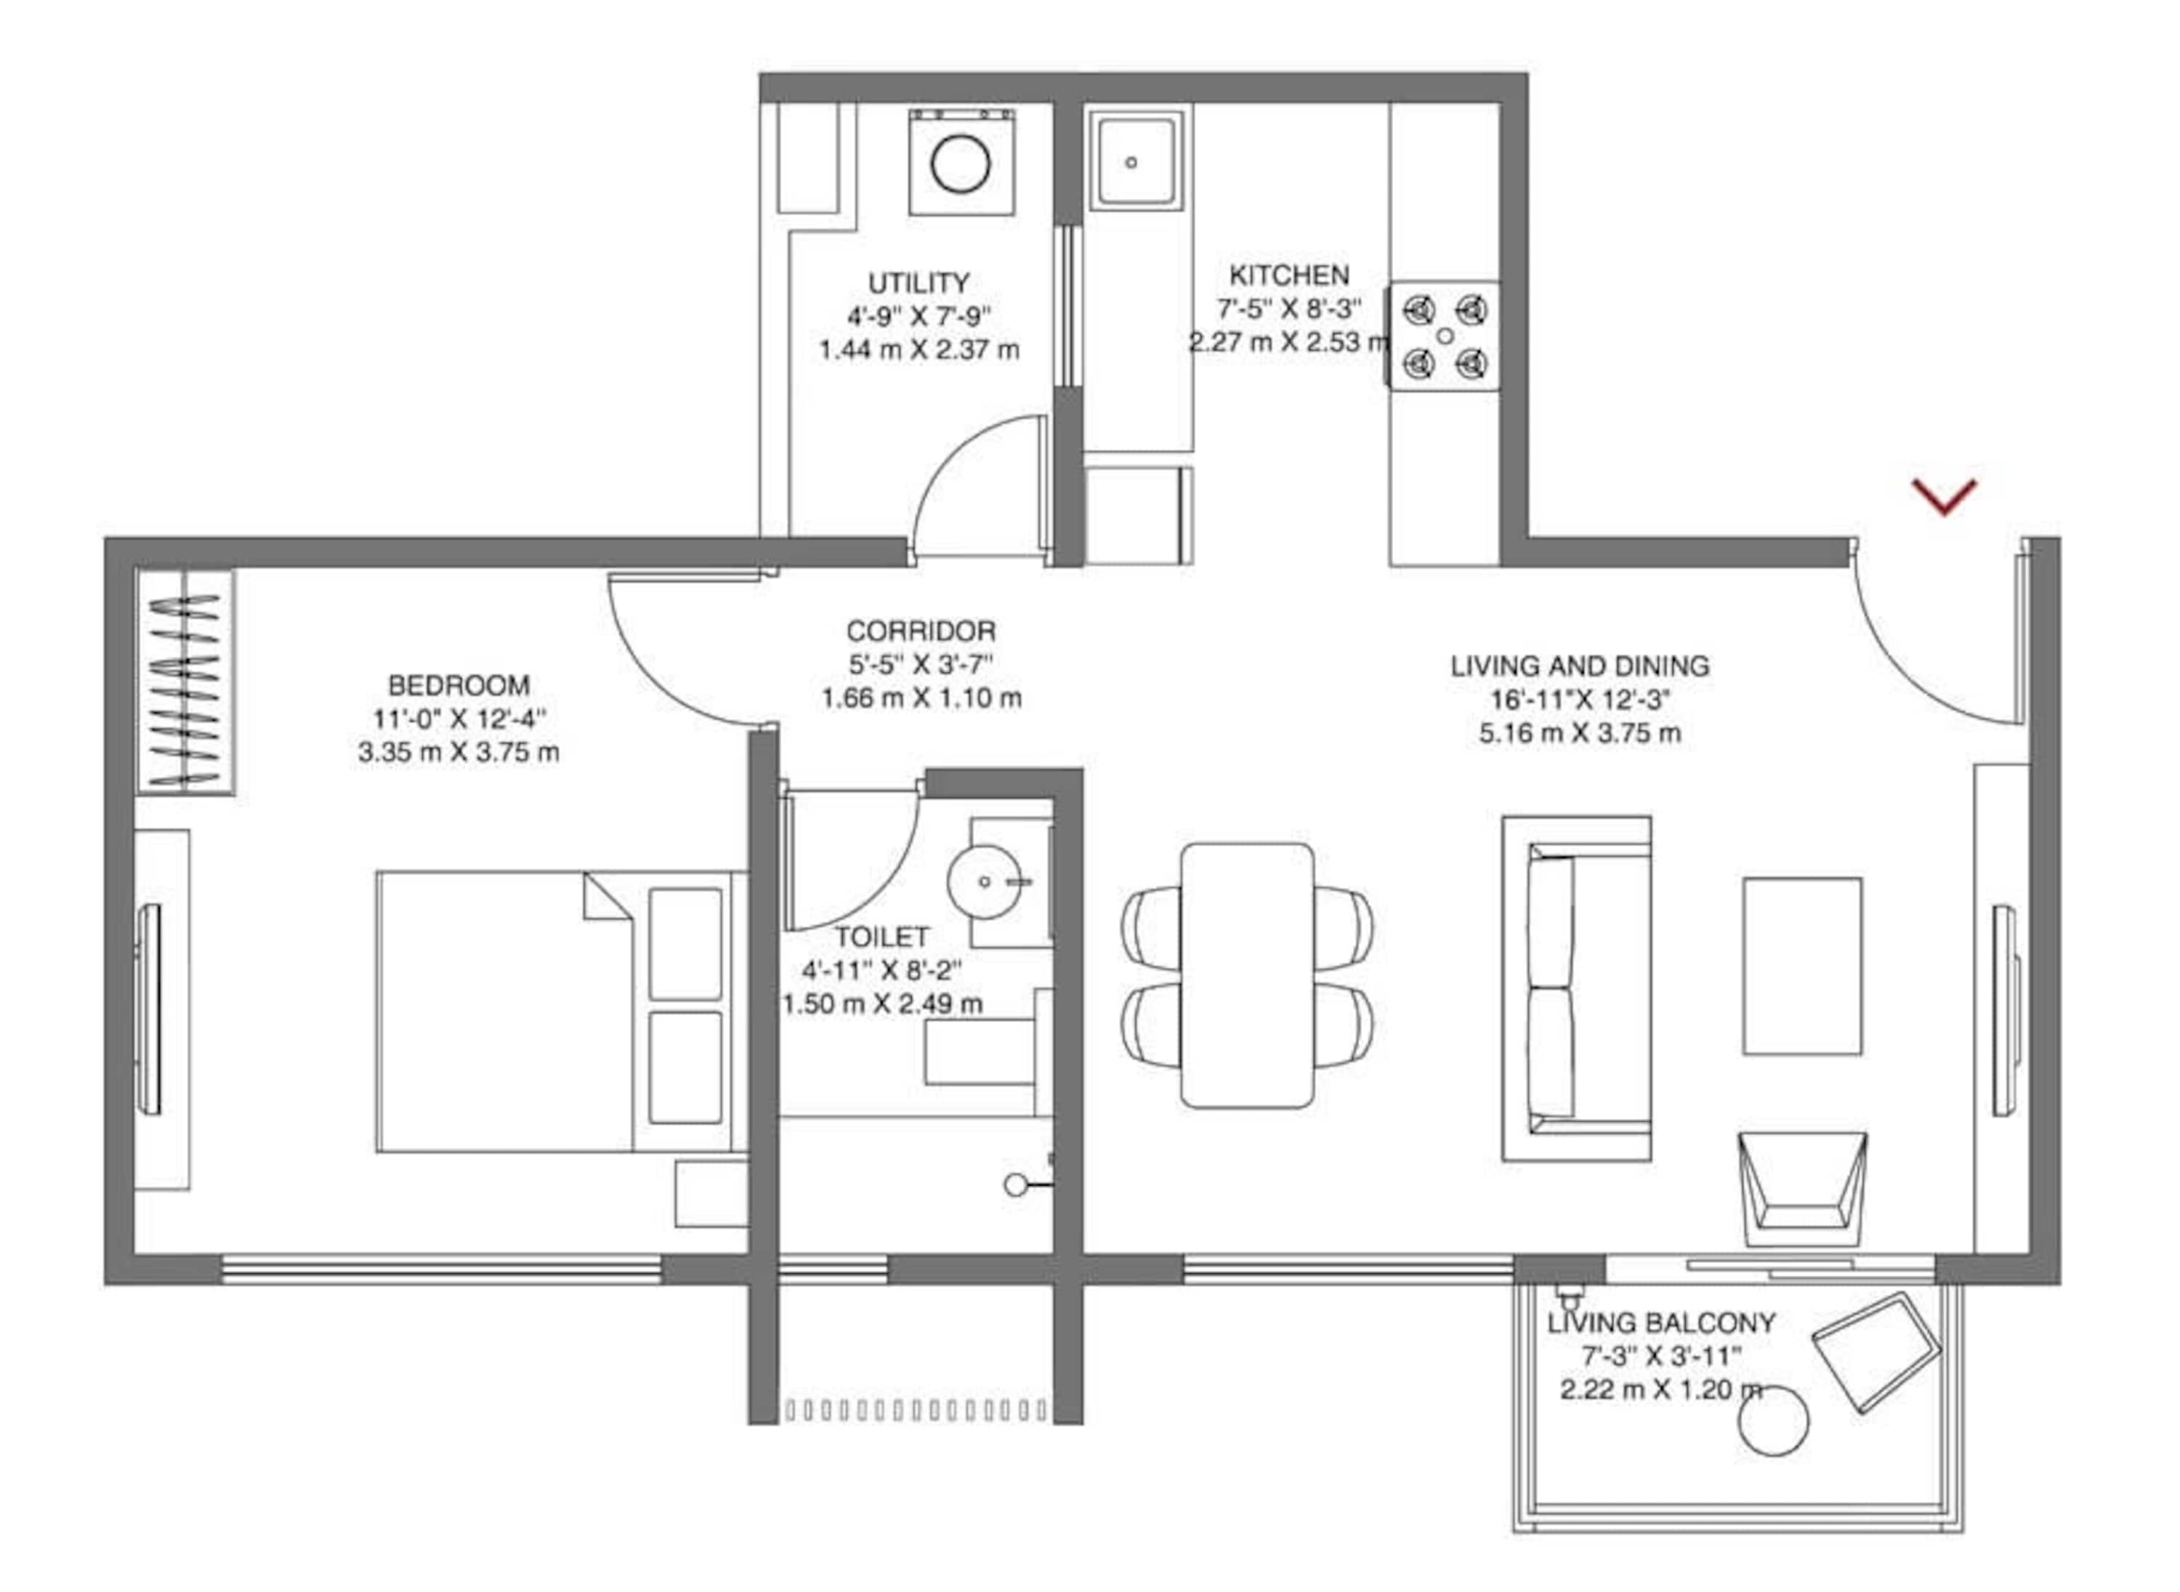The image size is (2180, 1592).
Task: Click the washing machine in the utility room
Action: tap(961, 162)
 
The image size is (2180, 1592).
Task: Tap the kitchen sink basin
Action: tap(1135, 162)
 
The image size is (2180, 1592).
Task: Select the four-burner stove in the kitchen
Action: tap(1444, 336)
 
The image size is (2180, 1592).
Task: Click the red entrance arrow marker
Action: tap(1944, 496)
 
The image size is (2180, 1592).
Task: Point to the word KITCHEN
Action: tap(1288, 275)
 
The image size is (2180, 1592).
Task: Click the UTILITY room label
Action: tap(919, 283)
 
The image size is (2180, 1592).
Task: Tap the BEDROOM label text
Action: tap(459, 685)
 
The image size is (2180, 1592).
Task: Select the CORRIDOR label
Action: tap(921, 631)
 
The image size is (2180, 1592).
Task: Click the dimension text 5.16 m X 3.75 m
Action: tap(1580, 733)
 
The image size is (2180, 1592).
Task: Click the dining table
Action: tap(1247, 974)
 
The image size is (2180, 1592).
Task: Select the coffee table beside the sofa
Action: tap(1801, 966)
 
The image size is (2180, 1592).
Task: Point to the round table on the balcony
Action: tap(1773, 1421)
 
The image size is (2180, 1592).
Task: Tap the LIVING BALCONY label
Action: tap(1661, 1323)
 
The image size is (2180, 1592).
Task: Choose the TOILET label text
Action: tap(882, 937)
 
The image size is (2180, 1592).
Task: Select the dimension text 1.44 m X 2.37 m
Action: tap(919, 349)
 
